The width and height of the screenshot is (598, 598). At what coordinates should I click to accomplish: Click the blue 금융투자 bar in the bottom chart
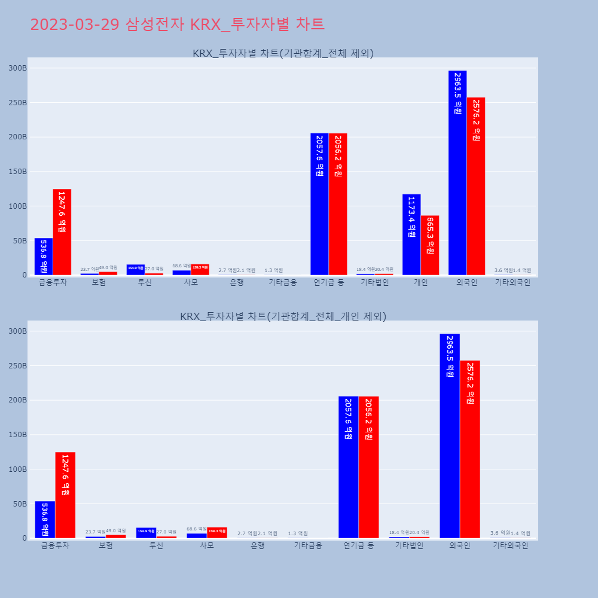[45, 520]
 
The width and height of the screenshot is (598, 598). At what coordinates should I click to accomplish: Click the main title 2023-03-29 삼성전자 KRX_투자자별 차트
[177, 25]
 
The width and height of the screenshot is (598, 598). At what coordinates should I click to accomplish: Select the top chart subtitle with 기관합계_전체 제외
[283, 53]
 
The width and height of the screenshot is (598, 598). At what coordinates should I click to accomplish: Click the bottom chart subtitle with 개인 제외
[283, 316]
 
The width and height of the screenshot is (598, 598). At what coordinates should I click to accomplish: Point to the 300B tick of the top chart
[17, 68]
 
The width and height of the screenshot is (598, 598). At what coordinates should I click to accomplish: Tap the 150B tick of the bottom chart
[17, 435]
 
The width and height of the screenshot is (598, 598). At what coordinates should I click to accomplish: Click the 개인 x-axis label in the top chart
[420, 283]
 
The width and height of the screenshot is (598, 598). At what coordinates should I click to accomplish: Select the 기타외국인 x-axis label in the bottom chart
[510, 546]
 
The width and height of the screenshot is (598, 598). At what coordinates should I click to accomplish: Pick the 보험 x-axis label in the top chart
[99, 283]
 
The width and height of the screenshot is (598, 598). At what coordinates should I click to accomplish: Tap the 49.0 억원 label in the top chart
[108, 268]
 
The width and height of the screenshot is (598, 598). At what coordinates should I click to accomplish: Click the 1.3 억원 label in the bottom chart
[298, 533]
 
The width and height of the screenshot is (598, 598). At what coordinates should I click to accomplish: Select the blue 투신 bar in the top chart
[136, 270]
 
